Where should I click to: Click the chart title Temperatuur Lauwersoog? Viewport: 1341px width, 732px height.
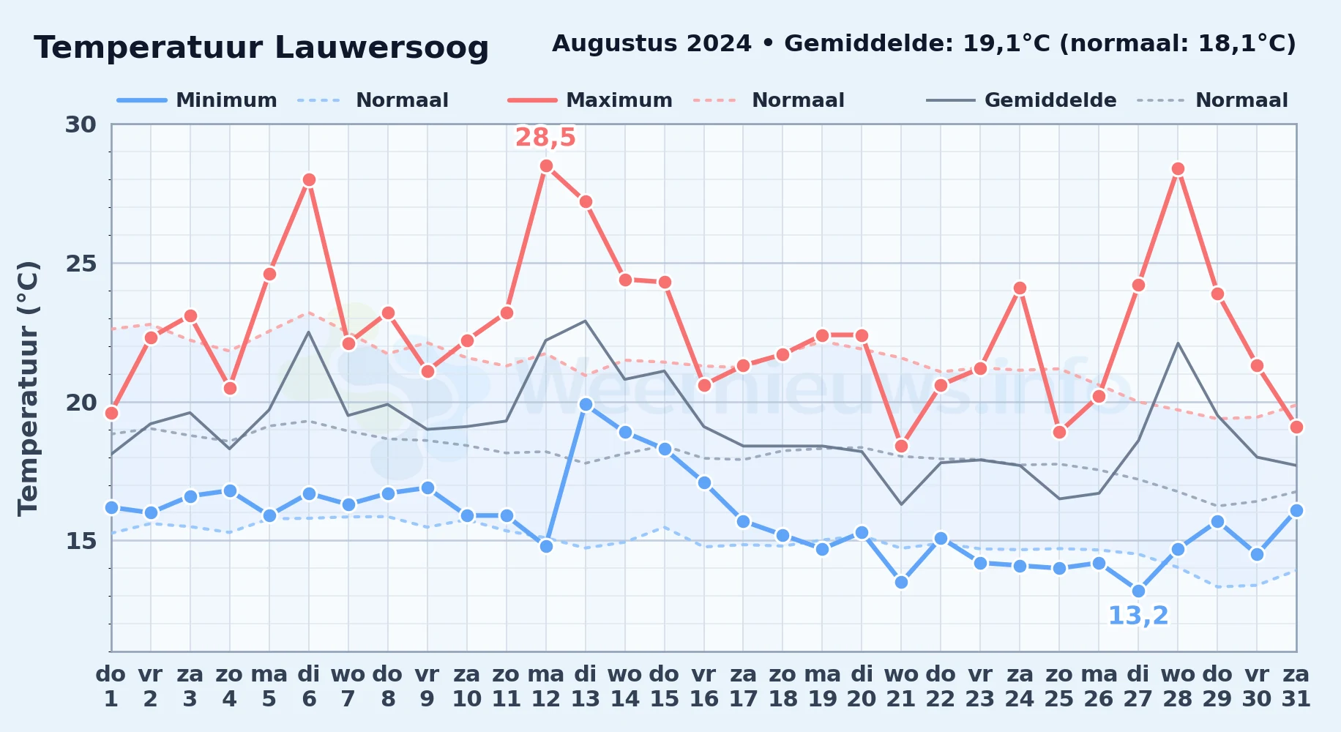(x=261, y=48)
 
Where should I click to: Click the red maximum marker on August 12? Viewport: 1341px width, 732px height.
(x=546, y=166)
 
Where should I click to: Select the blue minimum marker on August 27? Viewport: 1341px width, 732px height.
(x=1138, y=591)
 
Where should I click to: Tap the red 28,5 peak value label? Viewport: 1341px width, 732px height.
(x=545, y=138)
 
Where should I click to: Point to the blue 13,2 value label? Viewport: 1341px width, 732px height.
(x=1138, y=616)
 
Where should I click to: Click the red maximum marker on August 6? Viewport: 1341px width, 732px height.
(x=309, y=180)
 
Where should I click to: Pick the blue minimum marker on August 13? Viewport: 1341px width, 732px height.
(x=586, y=404)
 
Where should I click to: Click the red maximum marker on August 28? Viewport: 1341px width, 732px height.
(x=1178, y=169)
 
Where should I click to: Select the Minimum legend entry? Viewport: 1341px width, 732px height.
(x=197, y=100)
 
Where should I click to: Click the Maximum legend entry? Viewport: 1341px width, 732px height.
(x=590, y=100)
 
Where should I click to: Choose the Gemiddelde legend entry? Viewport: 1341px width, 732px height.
(x=1022, y=100)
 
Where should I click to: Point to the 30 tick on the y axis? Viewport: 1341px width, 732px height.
(x=81, y=124)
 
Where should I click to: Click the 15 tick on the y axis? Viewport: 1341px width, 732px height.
(x=81, y=541)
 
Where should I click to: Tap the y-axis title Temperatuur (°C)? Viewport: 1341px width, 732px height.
(x=29, y=388)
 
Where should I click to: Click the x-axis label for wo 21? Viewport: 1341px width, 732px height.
(x=901, y=686)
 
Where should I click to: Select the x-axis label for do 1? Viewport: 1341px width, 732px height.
(x=111, y=686)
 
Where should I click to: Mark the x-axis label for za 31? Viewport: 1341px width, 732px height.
(x=1296, y=686)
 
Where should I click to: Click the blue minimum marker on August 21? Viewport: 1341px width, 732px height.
(x=902, y=583)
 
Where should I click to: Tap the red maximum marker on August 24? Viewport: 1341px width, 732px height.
(x=1020, y=288)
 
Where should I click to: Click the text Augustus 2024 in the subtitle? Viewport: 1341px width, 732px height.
(x=651, y=44)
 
